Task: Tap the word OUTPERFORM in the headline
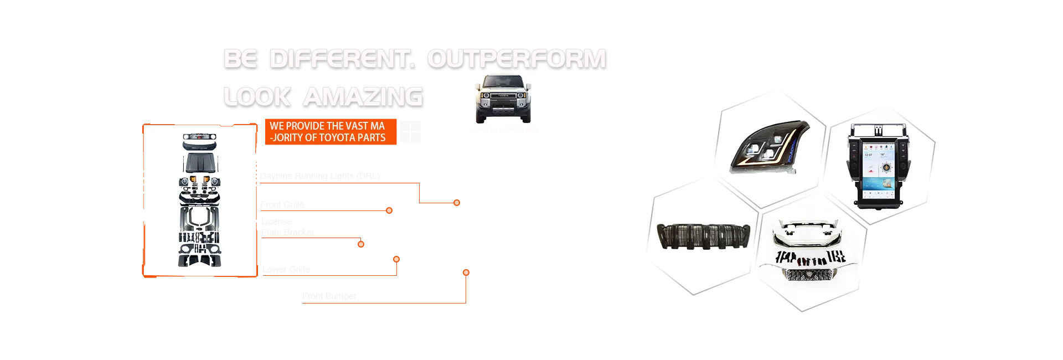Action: click(517, 59)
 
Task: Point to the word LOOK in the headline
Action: click(256, 96)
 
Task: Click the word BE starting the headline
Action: click(239, 59)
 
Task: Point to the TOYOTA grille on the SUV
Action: click(502, 96)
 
